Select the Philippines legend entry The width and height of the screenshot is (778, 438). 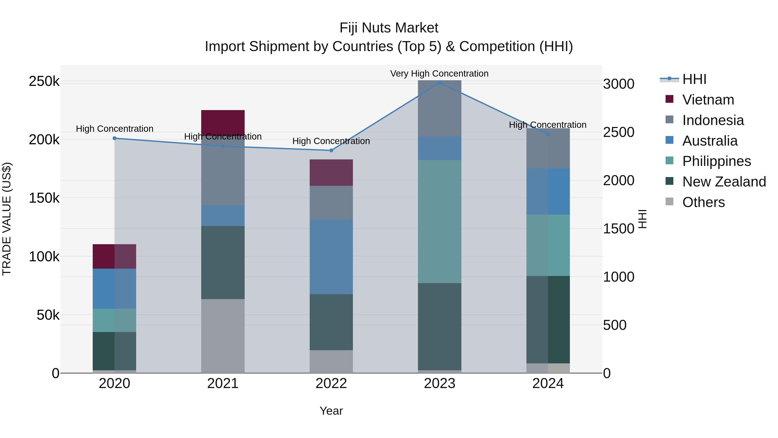pyautogui.click(x=716, y=161)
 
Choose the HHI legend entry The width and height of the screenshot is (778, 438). pyautogui.click(x=694, y=79)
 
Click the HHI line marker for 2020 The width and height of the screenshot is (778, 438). pyautogui.click(x=115, y=138)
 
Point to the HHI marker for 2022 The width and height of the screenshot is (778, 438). pyautogui.click(x=331, y=151)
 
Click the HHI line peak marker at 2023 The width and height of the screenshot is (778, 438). pyautogui.click(x=439, y=83)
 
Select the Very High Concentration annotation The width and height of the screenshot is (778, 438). pyautogui.click(x=439, y=74)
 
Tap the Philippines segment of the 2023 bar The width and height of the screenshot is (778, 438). pyautogui.click(x=439, y=221)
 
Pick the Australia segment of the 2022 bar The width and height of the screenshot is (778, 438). pyautogui.click(x=331, y=257)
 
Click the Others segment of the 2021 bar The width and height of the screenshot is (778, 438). pyautogui.click(x=223, y=336)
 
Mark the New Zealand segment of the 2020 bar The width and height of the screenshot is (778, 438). pyautogui.click(x=115, y=351)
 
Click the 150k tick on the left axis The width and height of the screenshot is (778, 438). pyautogui.click(x=44, y=198)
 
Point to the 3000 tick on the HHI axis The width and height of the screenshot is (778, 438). pyautogui.click(x=618, y=84)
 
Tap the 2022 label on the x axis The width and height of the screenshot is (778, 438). pyautogui.click(x=331, y=383)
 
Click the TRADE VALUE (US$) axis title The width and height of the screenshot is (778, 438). pyautogui.click(x=7, y=219)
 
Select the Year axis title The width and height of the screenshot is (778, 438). pyautogui.click(x=331, y=411)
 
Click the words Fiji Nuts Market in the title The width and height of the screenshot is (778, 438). pyautogui.click(x=389, y=28)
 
